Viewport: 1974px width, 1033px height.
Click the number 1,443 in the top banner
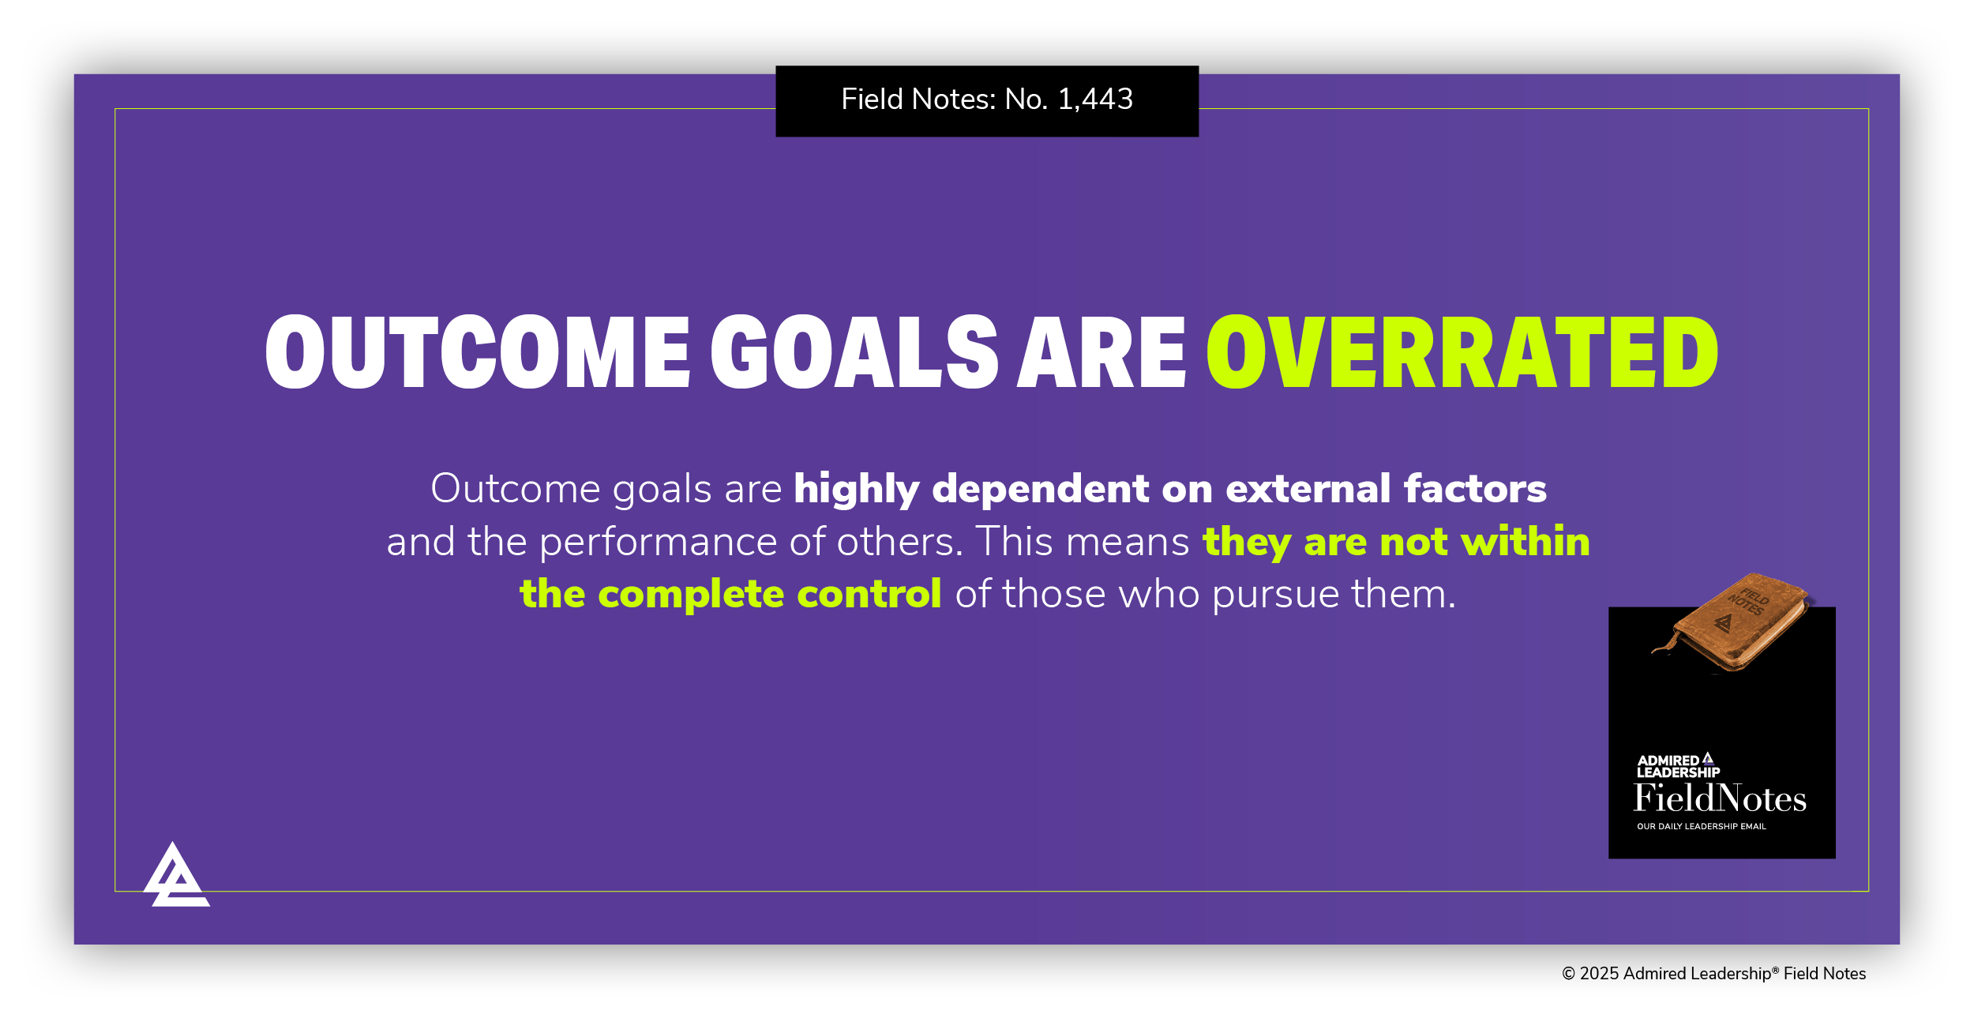click(1095, 100)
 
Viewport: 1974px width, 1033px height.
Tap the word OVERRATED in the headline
click(1462, 352)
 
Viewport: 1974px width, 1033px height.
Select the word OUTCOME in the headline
click(478, 352)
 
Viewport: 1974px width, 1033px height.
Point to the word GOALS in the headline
click(854, 352)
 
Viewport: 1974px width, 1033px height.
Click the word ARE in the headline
click(1101, 352)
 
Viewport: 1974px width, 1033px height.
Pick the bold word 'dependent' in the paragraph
click(1041, 489)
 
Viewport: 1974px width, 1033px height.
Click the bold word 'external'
click(1308, 489)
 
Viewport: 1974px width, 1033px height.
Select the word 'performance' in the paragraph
click(659, 543)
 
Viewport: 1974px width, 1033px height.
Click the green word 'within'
click(1525, 542)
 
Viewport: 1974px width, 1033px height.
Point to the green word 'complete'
click(691, 595)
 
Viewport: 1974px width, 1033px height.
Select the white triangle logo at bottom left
click(176, 877)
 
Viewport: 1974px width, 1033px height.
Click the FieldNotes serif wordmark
click(1720, 799)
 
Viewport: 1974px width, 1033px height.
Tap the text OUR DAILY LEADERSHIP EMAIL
click(1701, 827)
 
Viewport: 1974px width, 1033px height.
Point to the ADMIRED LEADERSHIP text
click(1677, 767)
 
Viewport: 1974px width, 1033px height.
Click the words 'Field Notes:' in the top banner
click(918, 100)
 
